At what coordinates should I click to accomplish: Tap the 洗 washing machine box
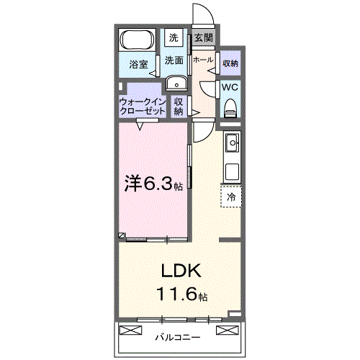[x=174, y=37]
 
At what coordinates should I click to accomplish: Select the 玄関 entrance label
[x=204, y=38]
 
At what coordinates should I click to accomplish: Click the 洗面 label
[x=174, y=60]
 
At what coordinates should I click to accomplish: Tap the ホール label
[x=202, y=60]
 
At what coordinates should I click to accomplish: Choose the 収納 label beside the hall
[x=230, y=63]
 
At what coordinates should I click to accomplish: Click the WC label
[x=230, y=87]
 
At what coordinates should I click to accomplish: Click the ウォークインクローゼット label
[x=143, y=107]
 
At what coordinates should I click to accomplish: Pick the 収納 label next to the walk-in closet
[x=179, y=107]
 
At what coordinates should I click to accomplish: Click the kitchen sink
[x=232, y=145]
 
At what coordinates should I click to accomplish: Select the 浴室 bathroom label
[x=138, y=64]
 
